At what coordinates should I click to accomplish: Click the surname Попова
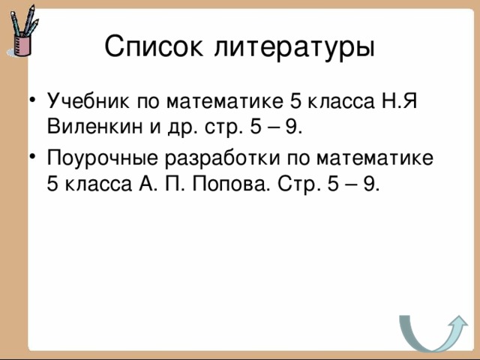(x=238, y=184)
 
